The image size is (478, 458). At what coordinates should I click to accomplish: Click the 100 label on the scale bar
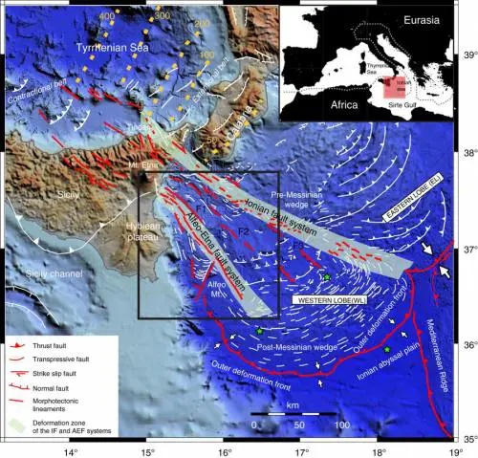340,423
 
